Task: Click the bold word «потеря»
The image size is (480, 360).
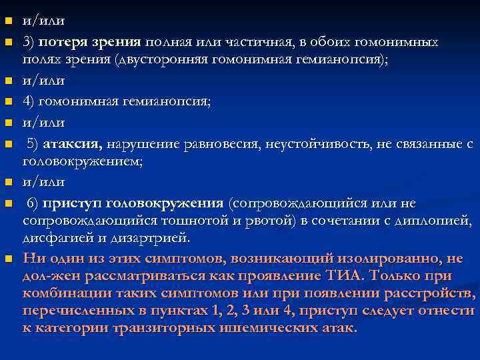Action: coord(61,42)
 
